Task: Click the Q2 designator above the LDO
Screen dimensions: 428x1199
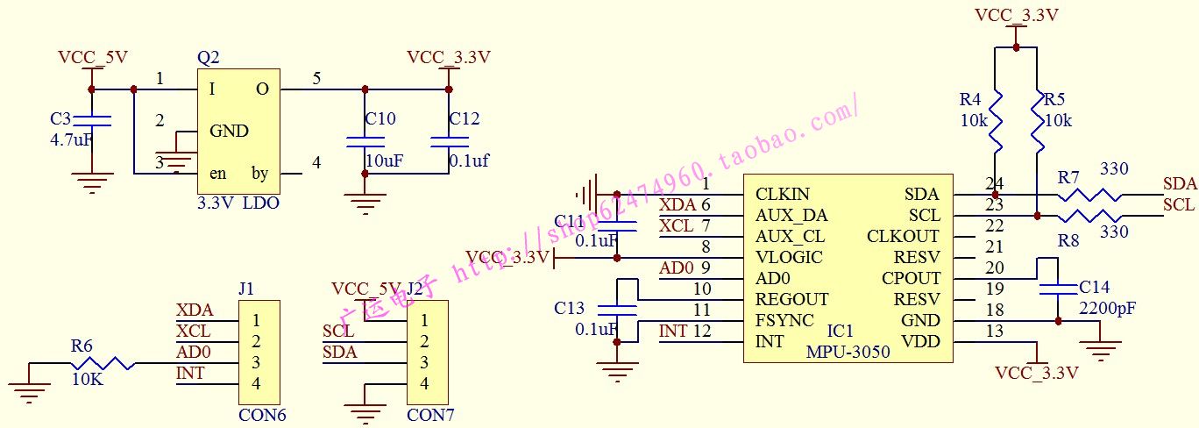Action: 209,58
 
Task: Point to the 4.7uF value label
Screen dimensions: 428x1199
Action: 72,139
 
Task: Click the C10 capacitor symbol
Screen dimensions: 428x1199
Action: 365,140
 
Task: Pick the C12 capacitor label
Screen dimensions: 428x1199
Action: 465,119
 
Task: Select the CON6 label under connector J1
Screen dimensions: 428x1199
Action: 262,415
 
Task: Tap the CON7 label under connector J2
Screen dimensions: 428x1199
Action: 430,415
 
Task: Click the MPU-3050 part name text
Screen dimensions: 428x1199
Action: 848,352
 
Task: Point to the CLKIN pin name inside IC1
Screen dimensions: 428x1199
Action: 783,194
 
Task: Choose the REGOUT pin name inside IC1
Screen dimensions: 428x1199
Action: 791,299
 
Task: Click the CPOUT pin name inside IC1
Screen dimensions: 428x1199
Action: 911,278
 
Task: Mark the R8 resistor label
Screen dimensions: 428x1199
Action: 1068,239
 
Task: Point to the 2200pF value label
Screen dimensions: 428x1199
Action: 1107,308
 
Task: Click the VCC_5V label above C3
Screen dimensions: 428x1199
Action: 93,58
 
